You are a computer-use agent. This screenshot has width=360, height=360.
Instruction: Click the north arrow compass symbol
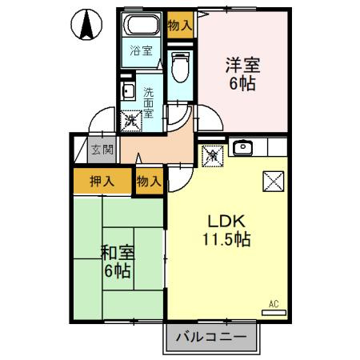(86, 24)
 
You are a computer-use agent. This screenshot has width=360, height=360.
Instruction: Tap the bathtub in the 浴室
(141, 24)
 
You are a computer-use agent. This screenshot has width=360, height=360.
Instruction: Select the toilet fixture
(180, 67)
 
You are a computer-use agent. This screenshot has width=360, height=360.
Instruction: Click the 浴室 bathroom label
(141, 50)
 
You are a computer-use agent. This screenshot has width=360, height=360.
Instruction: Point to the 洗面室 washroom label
(149, 102)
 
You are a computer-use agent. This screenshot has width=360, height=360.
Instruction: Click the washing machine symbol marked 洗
(130, 121)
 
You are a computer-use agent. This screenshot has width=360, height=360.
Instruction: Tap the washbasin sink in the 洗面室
(128, 90)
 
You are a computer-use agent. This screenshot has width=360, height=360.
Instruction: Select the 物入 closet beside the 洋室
(180, 26)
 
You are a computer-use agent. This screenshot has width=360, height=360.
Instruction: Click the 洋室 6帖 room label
(242, 74)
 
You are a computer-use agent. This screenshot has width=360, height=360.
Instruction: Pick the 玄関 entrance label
(102, 150)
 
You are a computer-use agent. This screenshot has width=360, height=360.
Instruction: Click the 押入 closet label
(102, 182)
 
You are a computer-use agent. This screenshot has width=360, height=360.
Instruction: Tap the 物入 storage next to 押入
(149, 182)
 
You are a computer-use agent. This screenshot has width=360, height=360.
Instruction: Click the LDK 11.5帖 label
(226, 230)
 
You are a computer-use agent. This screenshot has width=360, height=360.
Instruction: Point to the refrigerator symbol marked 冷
(213, 156)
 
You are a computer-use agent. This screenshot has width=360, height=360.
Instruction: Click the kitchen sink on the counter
(242, 147)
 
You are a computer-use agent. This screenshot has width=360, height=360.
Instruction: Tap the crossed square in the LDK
(274, 182)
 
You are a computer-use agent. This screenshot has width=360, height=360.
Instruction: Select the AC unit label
(274, 304)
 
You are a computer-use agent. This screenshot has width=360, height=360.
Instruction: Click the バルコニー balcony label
(211, 337)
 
